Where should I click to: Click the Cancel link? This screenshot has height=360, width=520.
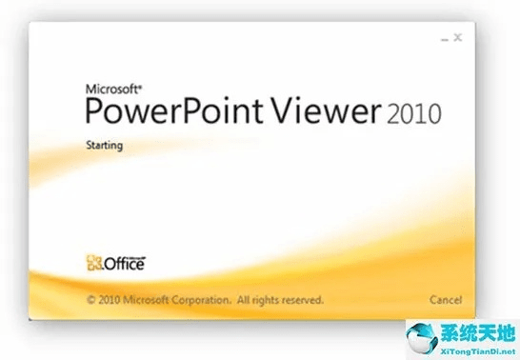pyautogui.click(x=446, y=299)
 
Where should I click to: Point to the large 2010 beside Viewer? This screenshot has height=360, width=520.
pyautogui.click(x=414, y=115)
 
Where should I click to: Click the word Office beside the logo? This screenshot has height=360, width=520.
pyautogui.click(x=124, y=264)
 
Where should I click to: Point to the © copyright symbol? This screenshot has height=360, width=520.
pyautogui.click(x=90, y=299)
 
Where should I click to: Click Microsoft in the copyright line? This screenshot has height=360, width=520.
pyautogui.click(x=150, y=299)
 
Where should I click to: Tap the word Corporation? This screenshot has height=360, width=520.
pyautogui.click(x=204, y=299)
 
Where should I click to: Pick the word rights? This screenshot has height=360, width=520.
pyautogui.click(x=269, y=299)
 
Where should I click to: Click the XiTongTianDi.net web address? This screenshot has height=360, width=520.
pyautogui.click(x=473, y=348)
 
